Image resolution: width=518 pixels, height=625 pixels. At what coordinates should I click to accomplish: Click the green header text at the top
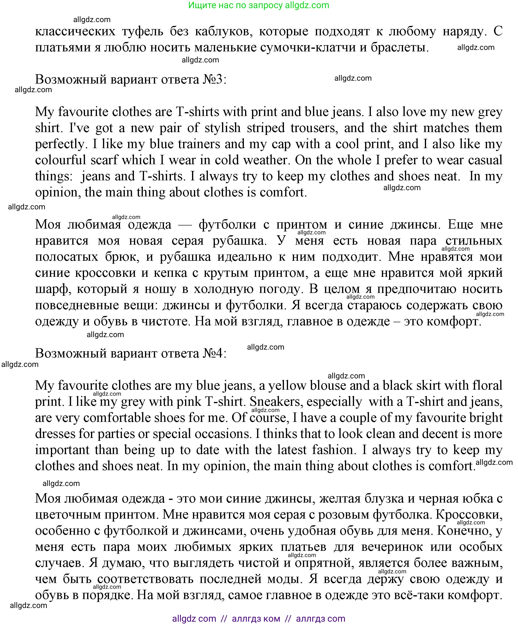259,5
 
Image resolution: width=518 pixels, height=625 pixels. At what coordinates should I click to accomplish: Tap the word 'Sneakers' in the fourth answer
276,402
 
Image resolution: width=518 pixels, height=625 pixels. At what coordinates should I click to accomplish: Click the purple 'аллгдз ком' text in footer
256,619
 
